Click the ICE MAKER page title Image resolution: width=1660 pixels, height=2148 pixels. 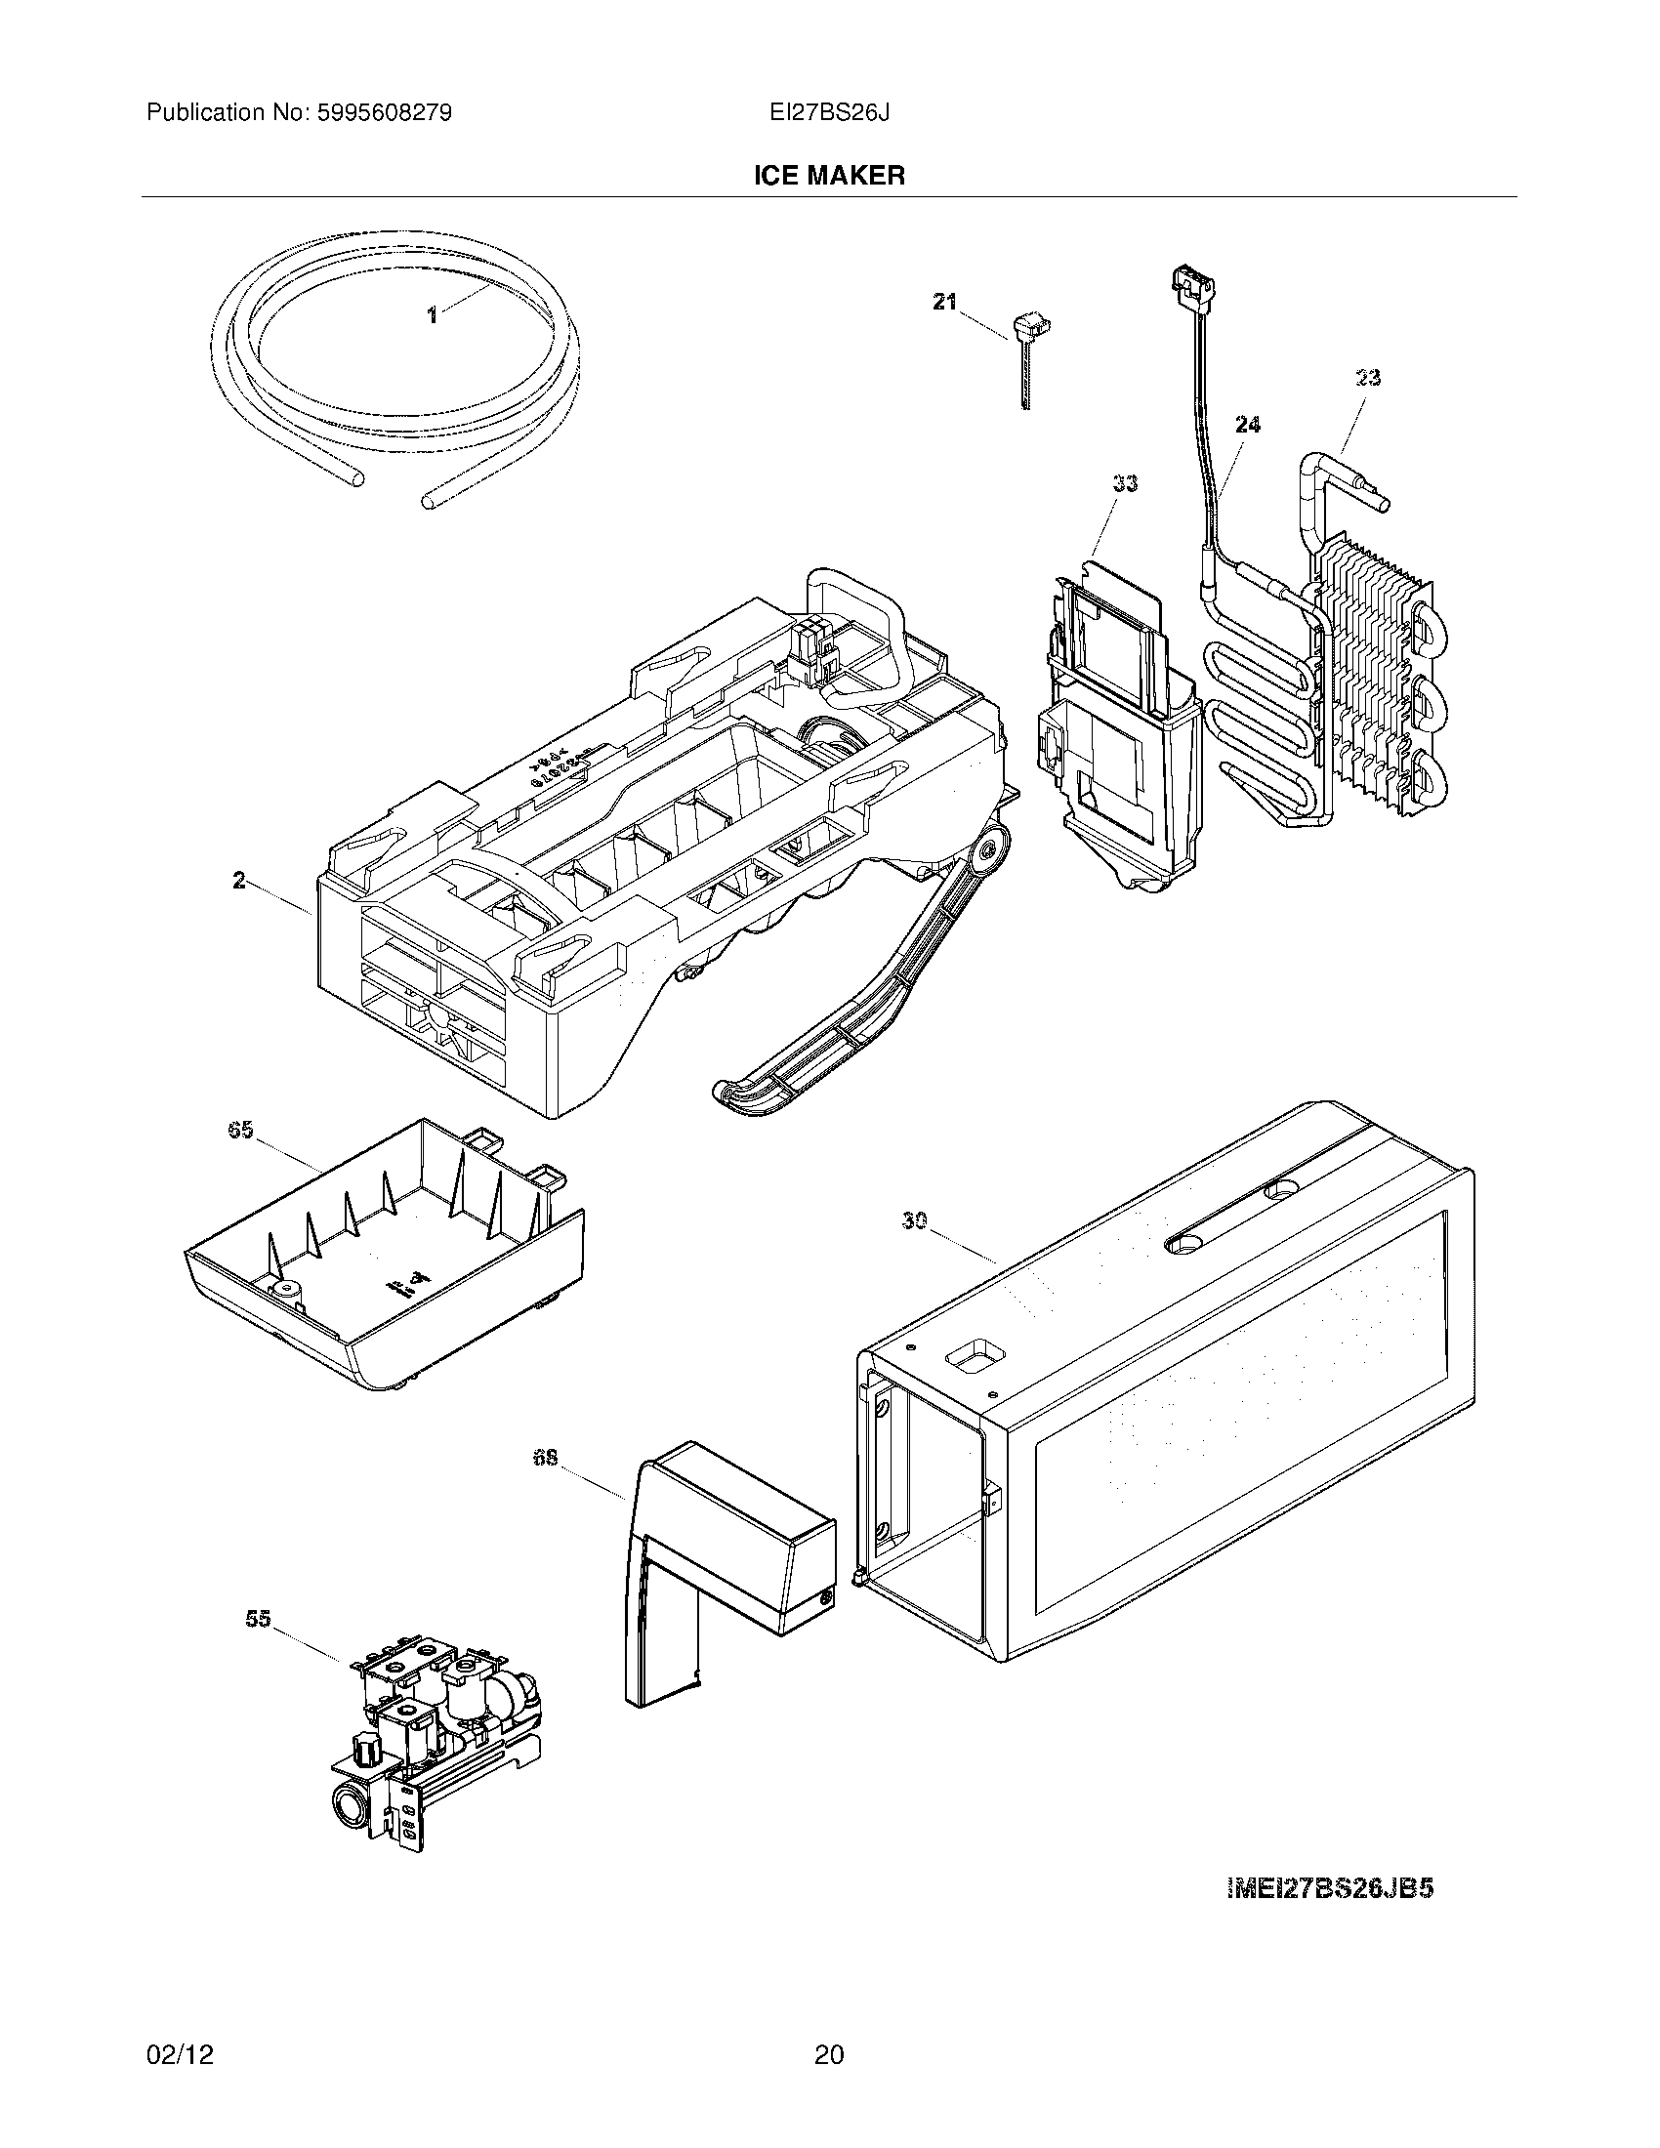829,176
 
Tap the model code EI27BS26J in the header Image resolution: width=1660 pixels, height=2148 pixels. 830,113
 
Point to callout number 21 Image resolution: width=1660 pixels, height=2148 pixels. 944,303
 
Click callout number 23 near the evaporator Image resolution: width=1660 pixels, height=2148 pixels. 1368,378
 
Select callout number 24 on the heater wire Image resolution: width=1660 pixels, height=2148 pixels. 1247,425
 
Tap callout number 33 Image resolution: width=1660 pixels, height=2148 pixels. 1125,483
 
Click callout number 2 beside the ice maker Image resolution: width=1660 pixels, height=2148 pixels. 239,881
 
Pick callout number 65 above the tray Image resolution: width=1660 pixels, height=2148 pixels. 240,1130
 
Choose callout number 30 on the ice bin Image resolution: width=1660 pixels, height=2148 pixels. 915,1220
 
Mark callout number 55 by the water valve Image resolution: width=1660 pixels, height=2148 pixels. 258,1619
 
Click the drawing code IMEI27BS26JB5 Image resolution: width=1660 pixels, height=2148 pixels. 1330,1888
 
